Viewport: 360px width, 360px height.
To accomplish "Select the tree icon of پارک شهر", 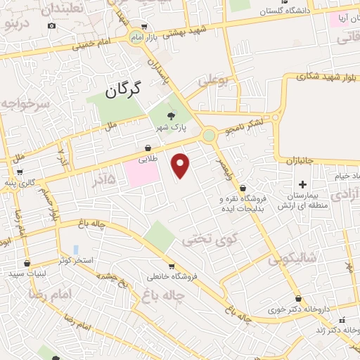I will (x=170, y=117).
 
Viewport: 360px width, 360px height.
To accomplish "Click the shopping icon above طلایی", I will (x=148, y=148).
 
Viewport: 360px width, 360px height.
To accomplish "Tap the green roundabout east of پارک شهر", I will (x=209, y=134).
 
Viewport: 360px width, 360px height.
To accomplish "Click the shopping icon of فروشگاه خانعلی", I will (x=171, y=266).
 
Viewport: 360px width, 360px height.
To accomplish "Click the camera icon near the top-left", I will (x=51, y=26).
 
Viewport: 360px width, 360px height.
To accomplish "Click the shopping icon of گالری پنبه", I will (x=19, y=172).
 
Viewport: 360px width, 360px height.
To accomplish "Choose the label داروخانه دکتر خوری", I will (x=288, y=309).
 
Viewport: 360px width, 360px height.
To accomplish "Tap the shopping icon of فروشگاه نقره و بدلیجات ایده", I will (x=243, y=188).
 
